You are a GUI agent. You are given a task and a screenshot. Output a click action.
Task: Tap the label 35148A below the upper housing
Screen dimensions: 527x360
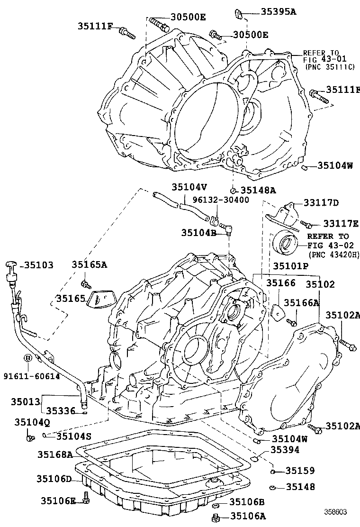(258, 190)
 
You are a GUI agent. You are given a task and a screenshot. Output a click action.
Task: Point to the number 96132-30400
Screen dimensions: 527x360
(220, 200)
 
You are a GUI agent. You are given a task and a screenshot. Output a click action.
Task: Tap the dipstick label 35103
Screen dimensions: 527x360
(39, 265)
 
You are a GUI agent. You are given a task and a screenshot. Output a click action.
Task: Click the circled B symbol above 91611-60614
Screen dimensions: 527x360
(27, 358)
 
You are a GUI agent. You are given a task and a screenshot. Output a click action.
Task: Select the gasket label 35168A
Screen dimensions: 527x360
(55, 454)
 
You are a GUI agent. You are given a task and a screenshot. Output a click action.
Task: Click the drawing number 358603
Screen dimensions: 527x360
(336, 512)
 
